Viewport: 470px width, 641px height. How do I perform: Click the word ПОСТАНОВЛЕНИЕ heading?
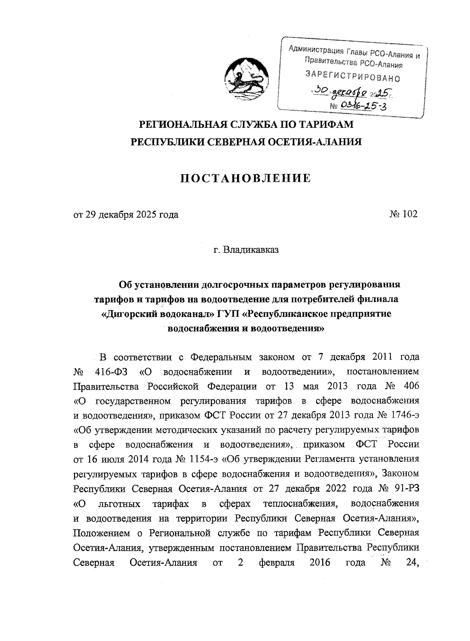[245, 179]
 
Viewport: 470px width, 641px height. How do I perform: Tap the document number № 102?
[403, 214]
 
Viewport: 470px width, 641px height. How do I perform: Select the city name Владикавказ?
[251, 250]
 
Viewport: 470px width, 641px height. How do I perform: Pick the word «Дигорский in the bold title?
[127, 314]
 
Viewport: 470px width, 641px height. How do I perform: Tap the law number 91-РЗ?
[406, 489]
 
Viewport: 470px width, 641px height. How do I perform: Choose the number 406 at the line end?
[410, 386]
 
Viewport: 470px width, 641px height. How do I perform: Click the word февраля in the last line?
[277, 563]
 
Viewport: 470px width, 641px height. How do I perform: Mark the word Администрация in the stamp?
[313, 50]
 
